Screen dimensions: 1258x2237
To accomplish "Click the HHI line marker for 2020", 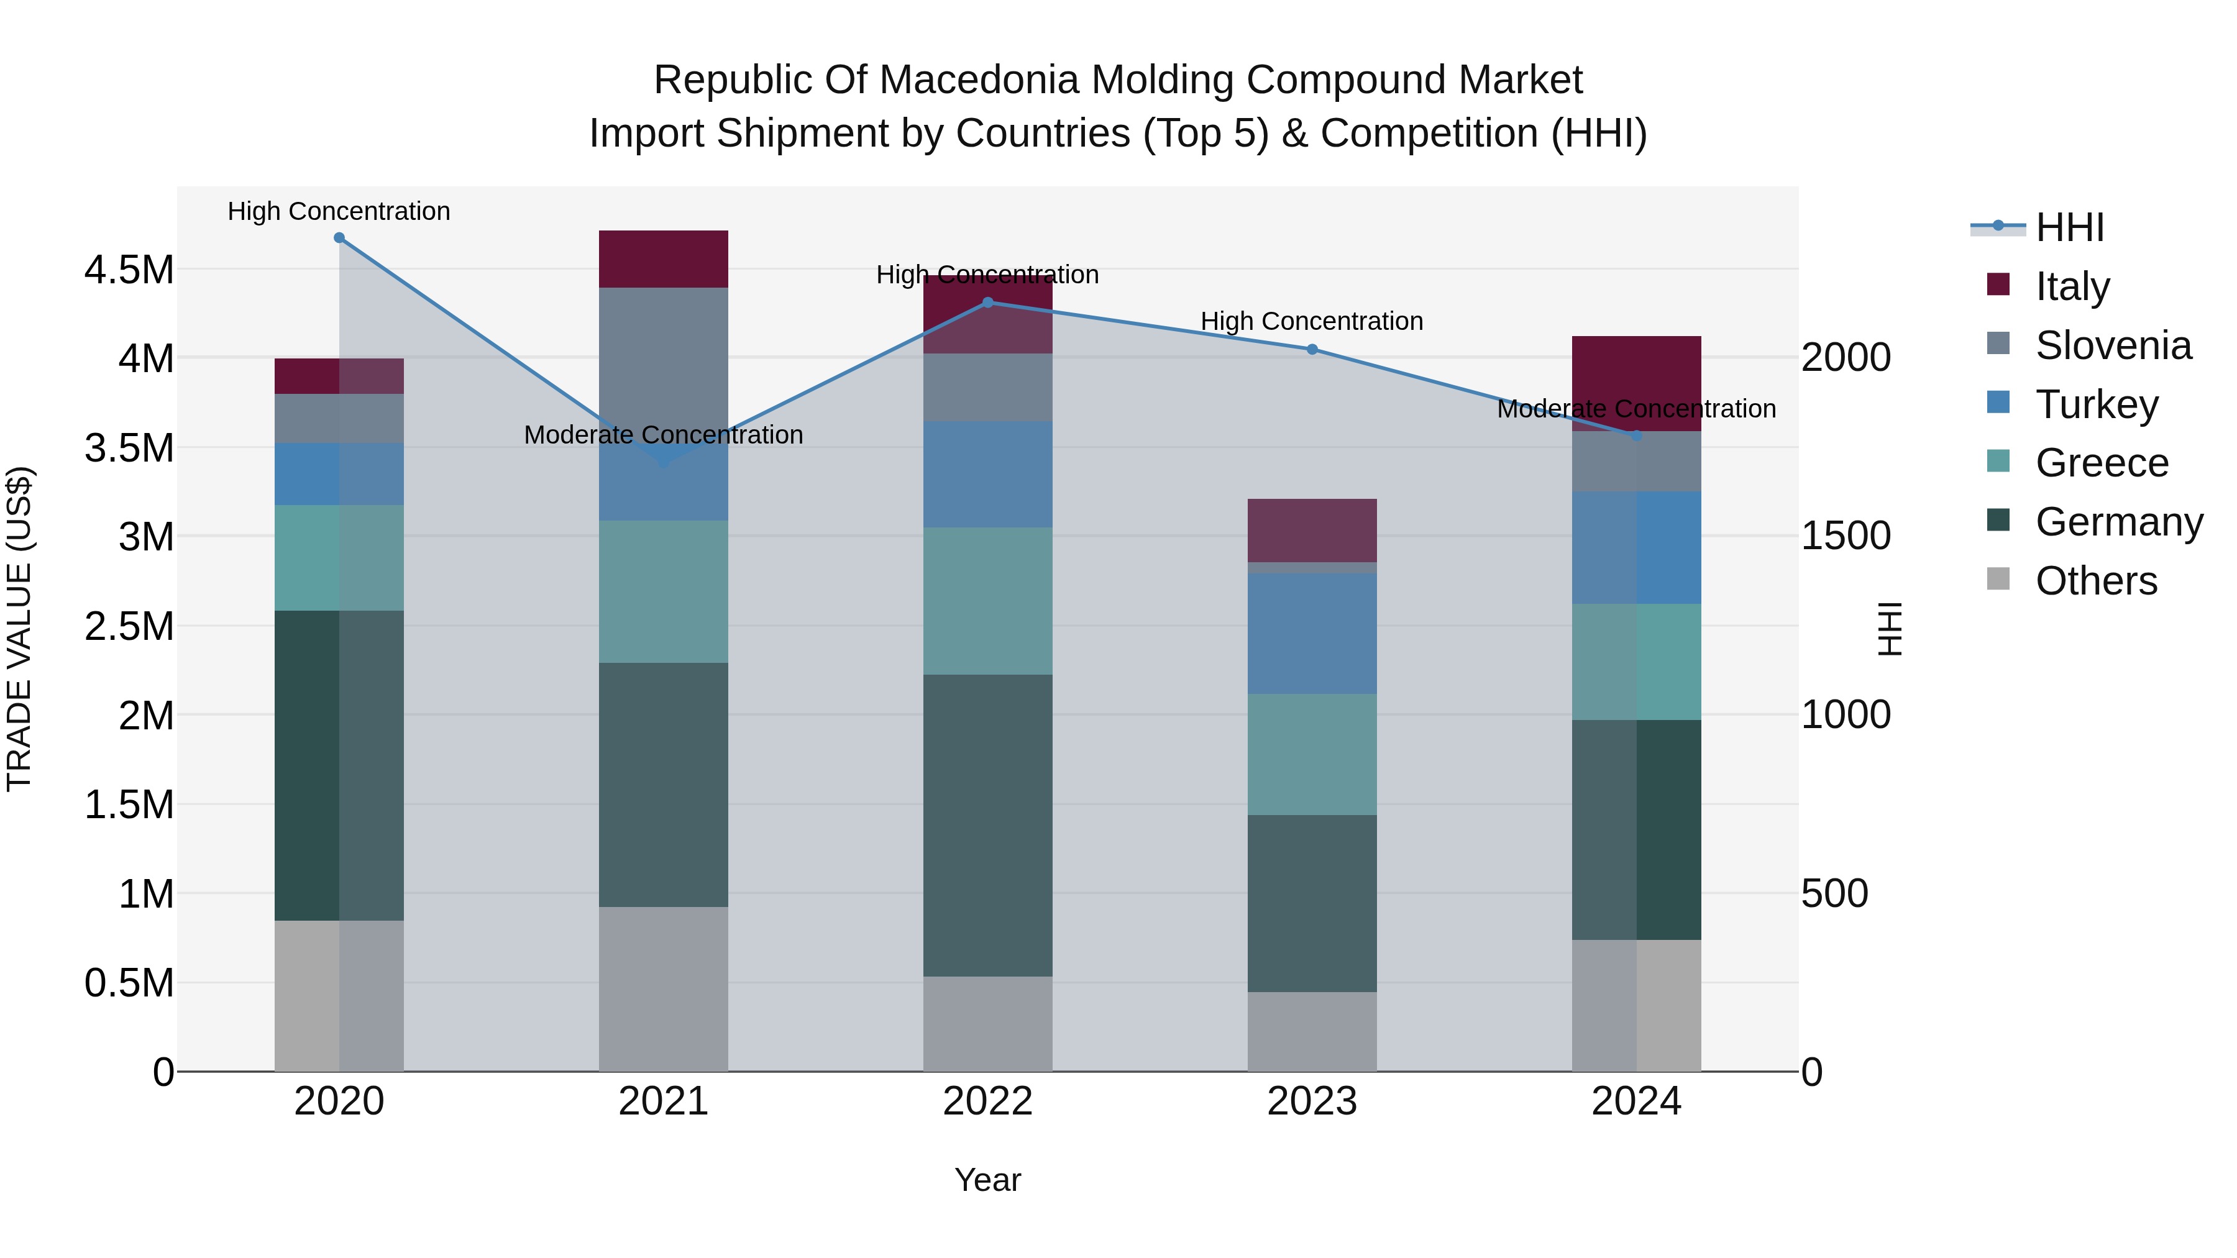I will [339, 238].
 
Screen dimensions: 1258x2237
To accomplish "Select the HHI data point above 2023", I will [1312, 350].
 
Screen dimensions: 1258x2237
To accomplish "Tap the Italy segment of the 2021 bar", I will [664, 258].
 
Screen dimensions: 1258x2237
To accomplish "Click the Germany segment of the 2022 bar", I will [987, 825].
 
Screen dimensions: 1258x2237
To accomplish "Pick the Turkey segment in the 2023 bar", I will [1312, 633].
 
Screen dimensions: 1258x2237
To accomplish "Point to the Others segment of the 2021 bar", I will [664, 989].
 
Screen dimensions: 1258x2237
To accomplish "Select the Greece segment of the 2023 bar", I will [1312, 754].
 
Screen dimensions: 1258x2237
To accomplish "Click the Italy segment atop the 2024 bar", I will [1636, 373].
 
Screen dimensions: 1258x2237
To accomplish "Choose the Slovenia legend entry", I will [2112, 345].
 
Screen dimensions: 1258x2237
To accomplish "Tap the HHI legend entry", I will [2069, 227].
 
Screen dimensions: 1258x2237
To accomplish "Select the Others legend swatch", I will [1998, 579].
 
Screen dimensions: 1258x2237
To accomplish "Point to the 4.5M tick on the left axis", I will [129, 270].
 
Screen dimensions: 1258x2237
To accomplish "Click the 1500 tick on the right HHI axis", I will [1846, 536].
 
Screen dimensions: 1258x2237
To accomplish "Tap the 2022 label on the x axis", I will [987, 1101].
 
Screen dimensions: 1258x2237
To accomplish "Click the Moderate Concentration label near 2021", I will [664, 434].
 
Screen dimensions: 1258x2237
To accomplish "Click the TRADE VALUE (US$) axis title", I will [20, 629].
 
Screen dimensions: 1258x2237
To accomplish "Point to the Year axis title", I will [987, 1180].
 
